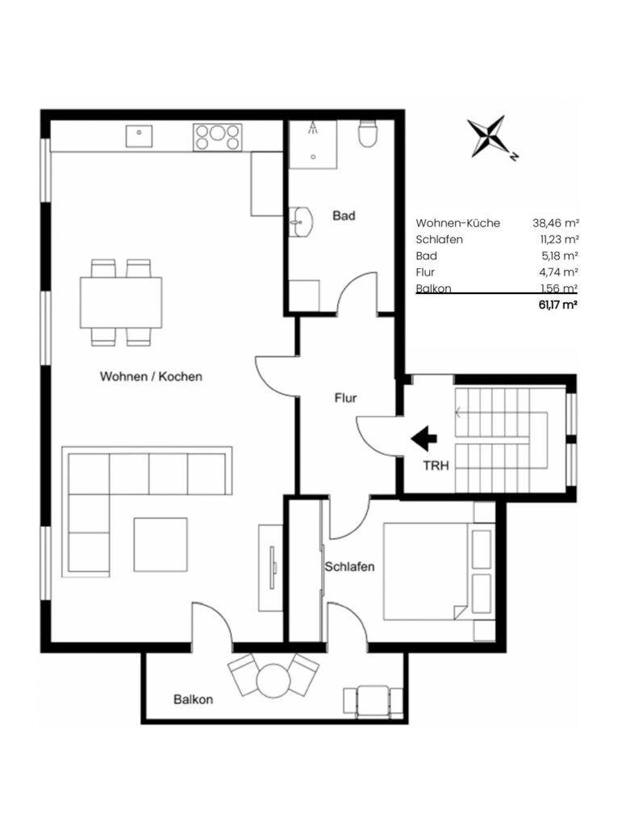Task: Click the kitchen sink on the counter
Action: click(139, 135)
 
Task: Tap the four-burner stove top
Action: click(218, 137)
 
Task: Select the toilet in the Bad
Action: click(367, 134)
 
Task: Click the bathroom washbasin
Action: click(301, 222)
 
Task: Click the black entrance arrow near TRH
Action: click(424, 438)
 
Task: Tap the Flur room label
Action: click(345, 398)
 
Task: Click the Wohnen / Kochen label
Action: click(151, 376)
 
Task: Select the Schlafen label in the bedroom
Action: click(349, 566)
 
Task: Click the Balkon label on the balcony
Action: click(194, 699)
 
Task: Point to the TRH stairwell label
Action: click(436, 466)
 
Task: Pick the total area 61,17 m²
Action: click(558, 305)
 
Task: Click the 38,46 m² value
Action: click(556, 223)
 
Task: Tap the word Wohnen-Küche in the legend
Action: click(458, 223)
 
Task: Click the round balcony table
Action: click(273, 681)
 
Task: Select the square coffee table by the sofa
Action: click(161, 545)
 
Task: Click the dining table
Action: click(121, 303)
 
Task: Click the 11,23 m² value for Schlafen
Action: click(559, 239)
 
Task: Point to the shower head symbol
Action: click(314, 126)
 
